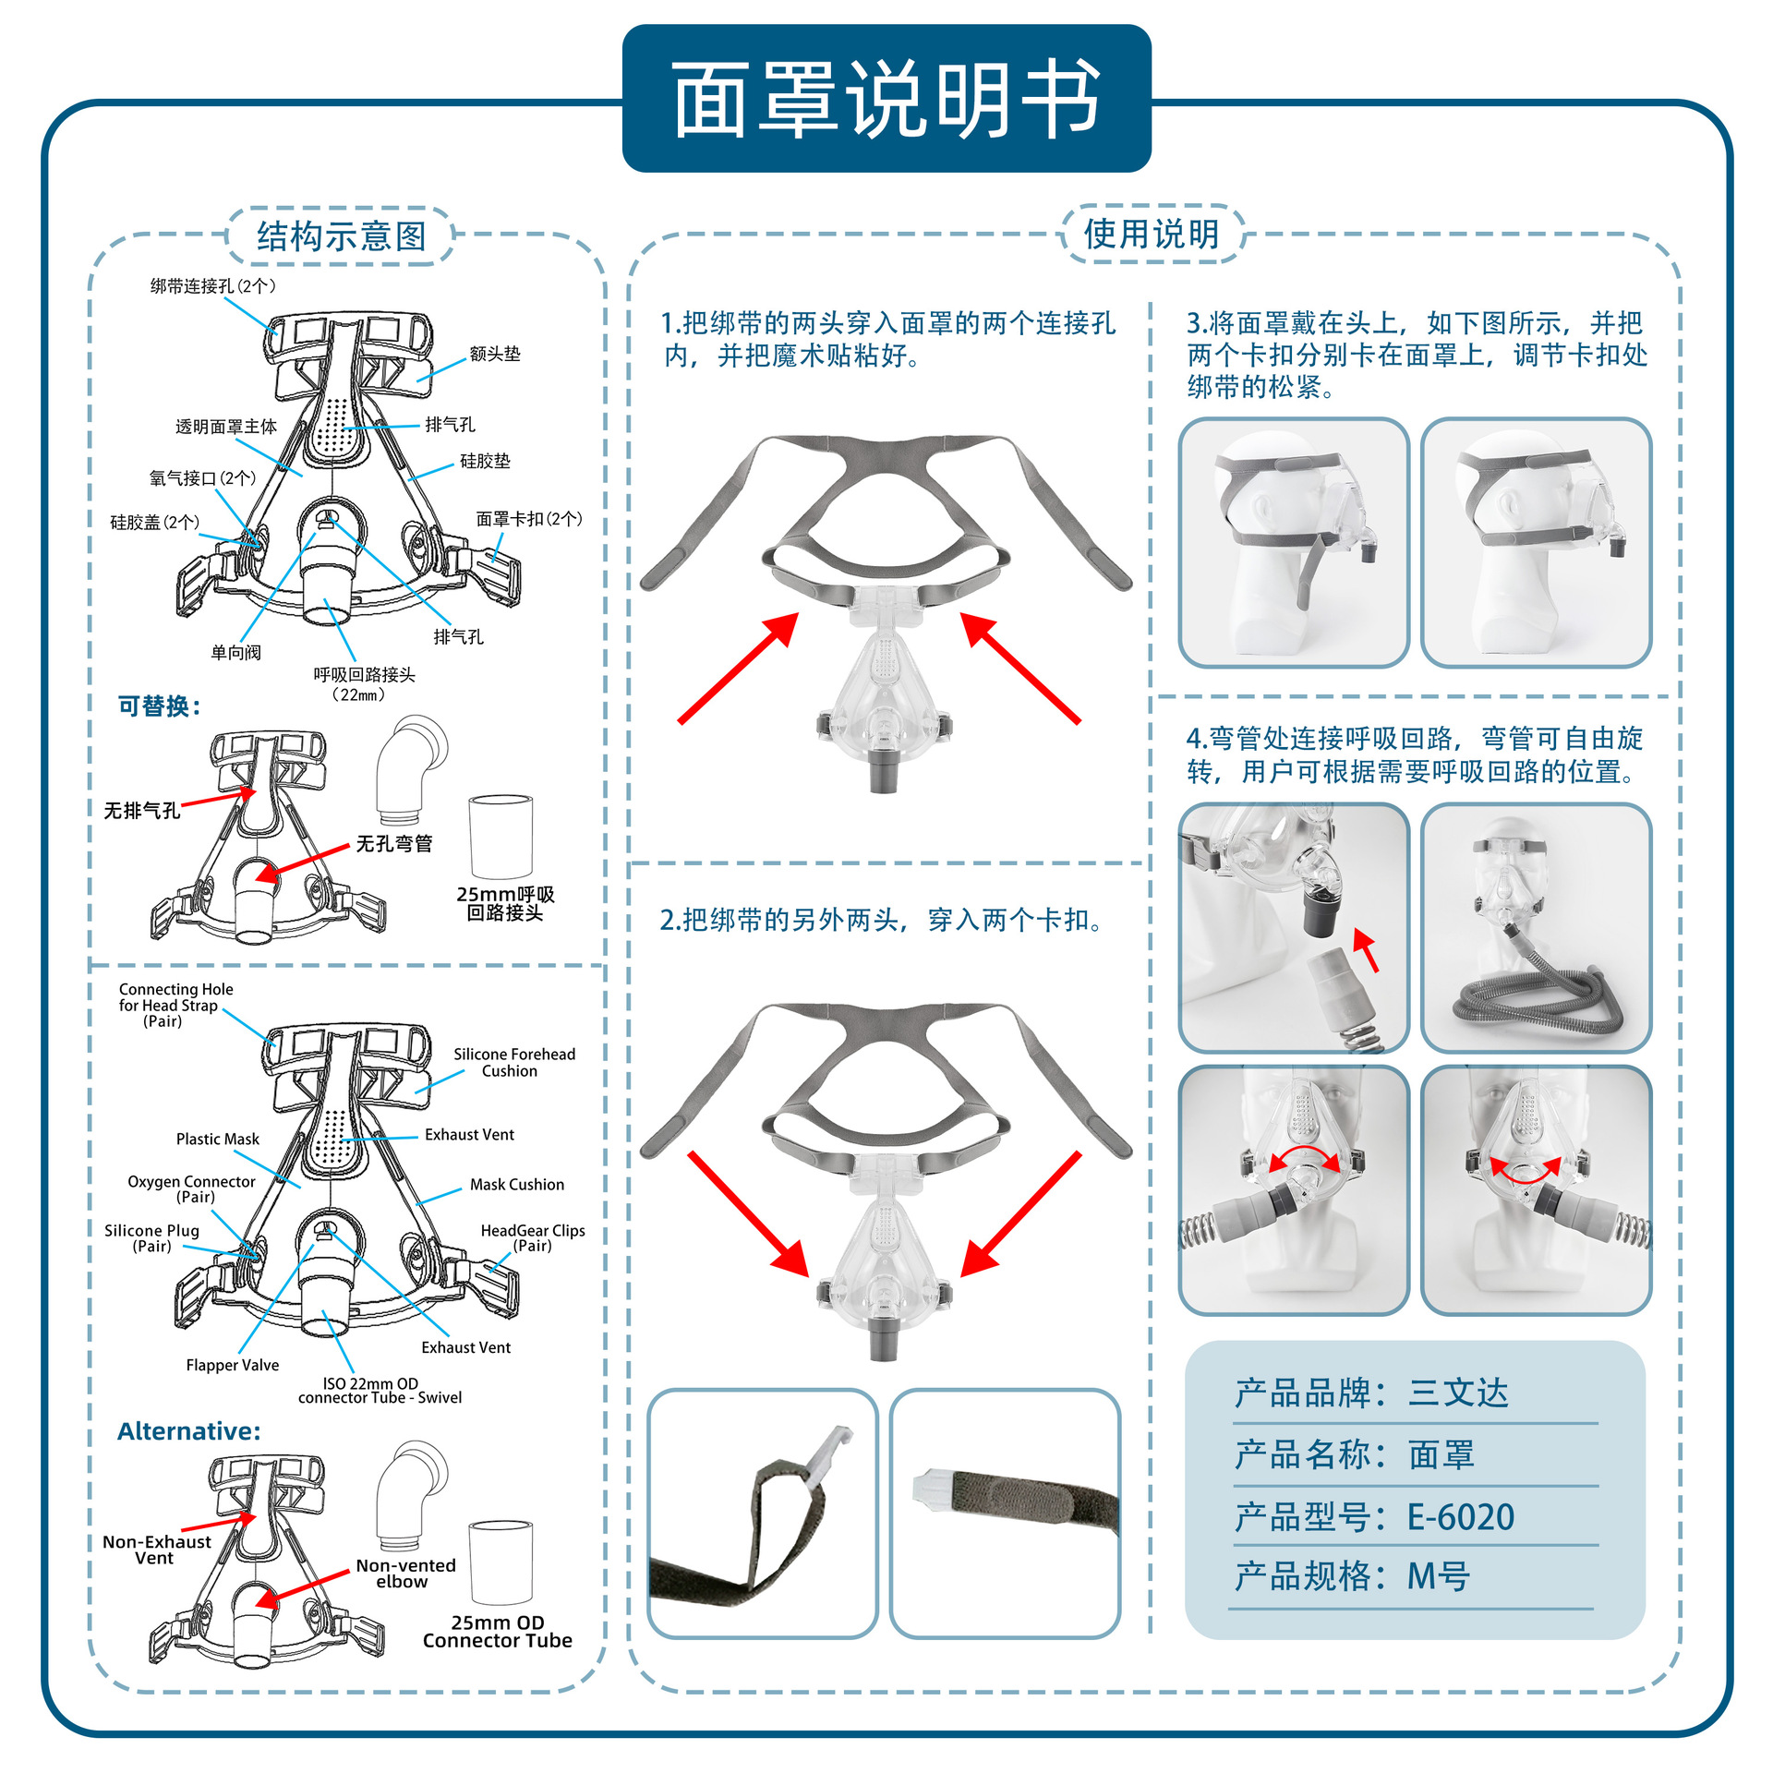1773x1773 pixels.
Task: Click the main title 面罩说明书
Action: coord(886,99)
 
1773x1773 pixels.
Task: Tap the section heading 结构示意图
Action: coord(341,236)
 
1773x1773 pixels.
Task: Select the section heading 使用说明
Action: coord(1151,234)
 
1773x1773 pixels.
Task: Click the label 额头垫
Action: coord(495,354)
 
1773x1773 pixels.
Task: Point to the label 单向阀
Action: coord(235,653)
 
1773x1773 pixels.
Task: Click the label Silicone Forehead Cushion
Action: coord(513,1062)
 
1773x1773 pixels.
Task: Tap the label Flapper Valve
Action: coord(232,1365)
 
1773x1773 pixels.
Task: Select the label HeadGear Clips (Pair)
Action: coord(532,1237)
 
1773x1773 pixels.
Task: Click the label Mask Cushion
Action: coord(516,1184)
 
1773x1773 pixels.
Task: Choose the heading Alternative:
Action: coord(189,1431)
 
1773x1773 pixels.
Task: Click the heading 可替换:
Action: coord(159,706)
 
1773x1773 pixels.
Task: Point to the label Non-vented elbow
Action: coord(405,1573)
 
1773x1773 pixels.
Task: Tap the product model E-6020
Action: coord(1460,1516)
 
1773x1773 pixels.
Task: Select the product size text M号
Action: coord(1437,1576)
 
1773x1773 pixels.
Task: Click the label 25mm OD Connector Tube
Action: coord(497,1632)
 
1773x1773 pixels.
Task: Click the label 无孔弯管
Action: coord(394,843)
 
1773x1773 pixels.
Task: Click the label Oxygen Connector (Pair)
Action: coord(191,1188)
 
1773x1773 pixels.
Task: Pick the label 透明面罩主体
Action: coord(225,427)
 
